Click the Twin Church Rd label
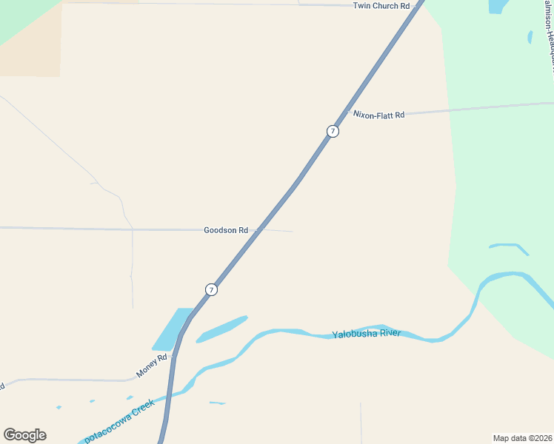click(381, 6)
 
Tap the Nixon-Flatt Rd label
click(378, 115)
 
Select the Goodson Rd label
click(225, 230)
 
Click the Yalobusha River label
click(366, 334)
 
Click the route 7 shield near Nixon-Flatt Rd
click(333, 131)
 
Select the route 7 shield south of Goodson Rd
click(211, 289)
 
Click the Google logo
click(24, 435)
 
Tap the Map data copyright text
click(522, 438)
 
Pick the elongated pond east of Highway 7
click(221, 329)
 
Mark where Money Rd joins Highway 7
click(175, 357)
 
